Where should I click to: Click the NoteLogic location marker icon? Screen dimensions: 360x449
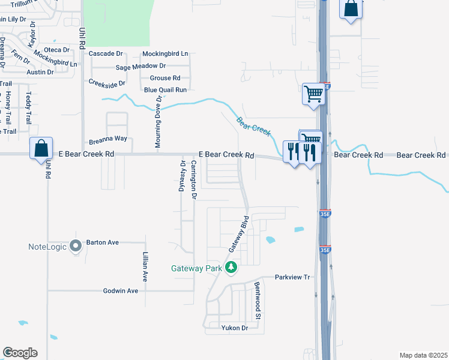click(76, 246)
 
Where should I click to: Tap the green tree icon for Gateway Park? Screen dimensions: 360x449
click(231, 268)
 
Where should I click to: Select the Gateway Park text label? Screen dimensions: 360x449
click(196, 269)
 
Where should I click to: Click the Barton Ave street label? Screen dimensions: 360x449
click(102, 242)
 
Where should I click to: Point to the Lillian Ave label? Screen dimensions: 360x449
click(145, 267)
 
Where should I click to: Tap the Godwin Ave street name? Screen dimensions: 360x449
click(120, 290)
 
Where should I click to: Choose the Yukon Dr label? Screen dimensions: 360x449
click(234, 328)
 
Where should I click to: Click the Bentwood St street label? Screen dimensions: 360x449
click(257, 299)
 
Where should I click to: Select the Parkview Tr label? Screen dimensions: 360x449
click(292, 277)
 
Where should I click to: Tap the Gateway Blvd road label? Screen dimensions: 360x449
click(238, 234)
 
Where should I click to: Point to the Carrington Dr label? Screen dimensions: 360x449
click(194, 179)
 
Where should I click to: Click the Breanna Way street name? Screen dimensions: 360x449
click(108, 138)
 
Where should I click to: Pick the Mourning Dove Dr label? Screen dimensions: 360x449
click(158, 122)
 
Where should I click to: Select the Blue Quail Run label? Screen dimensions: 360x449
click(165, 89)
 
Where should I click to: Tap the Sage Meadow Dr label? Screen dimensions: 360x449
click(140, 66)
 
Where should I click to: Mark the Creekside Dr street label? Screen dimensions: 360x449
click(107, 83)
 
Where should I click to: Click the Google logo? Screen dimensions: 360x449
click(20, 353)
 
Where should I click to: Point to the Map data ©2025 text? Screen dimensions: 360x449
click(423, 355)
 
